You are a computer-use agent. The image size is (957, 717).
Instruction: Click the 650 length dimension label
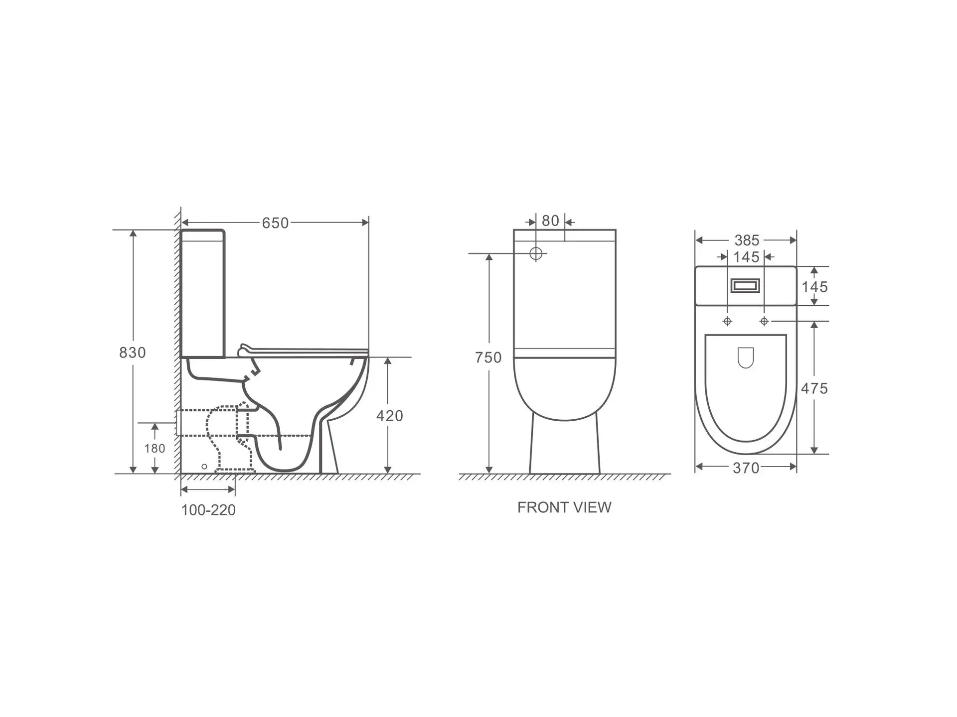pyautogui.click(x=275, y=223)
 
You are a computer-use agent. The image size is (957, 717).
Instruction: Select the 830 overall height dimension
pyautogui.click(x=132, y=353)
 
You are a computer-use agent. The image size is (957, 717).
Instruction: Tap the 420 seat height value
pyautogui.click(x=389, y=416)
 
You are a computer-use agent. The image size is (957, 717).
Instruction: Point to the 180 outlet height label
pyautogui.click(x=155, y=449)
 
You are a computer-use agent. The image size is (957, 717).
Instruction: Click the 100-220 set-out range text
pyautogui.click(x=208, y=510)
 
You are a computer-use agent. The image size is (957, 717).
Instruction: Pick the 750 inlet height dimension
pyautogui.click(x=488, y=358)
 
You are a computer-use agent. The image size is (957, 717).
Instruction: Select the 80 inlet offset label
pyautogui.click(x=550, y=221)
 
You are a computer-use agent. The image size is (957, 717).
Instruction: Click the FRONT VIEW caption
pyautogui.click(x=564, y=507)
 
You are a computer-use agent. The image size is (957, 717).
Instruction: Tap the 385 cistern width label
pyautogui.click(x=746, y=240)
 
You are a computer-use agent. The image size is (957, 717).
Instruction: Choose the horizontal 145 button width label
pyautogui.click(x=746, y=257)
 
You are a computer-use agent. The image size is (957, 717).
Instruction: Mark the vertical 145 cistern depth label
pyautogui.click(x=814, y=287)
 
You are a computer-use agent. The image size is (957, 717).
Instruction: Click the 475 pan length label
pyautogui.click(x=814, y=388)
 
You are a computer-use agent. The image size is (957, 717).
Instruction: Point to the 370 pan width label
pyautogui.click(x=746, y=468)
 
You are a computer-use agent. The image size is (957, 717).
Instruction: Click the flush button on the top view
pyautogui.click(x=746, y=286)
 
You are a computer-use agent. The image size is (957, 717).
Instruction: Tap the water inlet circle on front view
pyautogui.click(x=536, y=254)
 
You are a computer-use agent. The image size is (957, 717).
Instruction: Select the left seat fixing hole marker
pyautogui.click(x=727, y=322)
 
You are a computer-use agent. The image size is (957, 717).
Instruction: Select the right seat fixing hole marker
pyautogui.click(x=764, y=322)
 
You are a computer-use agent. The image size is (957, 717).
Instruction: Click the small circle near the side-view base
pyautogui.click(x=204, y=467)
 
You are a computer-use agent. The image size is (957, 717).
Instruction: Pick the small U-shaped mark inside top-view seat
pyautogui.click(x=746, y=357)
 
